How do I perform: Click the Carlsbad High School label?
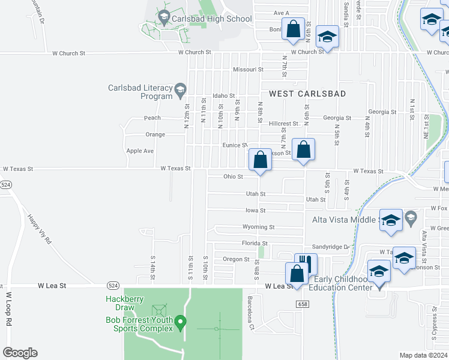click(x=211, y=19)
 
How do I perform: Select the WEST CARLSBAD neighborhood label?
click(x=307, y=94)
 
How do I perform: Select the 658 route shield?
click(x=302, y=305)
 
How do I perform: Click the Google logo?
click(x=20, y=353)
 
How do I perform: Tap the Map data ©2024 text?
click(x=423, y=355)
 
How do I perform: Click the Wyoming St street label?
click(x=258, y=227)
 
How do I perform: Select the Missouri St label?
click(x=248, y=70)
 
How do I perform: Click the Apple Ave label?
click(x=140, y=151)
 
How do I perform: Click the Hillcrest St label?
click(x=283, y=124)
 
